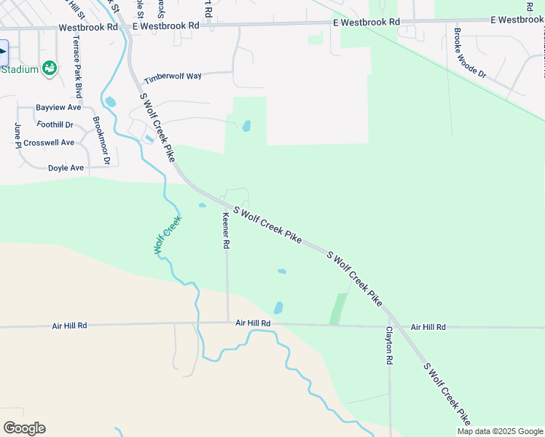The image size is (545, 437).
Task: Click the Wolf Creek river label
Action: click(167, 238)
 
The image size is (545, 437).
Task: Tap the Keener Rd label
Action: click(226, 231)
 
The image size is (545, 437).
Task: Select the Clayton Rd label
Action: click(389, 345)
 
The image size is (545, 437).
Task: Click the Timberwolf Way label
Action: click(172, 78)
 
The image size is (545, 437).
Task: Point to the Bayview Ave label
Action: click(58, 107)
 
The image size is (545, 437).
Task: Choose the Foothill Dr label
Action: click(55, 125)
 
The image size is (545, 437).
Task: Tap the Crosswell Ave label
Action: click(49, 143)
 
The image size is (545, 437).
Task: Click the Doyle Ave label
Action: click(66, 168)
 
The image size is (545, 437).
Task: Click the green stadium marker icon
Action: click(50, 68)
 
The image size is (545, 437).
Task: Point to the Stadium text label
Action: click(19, 69)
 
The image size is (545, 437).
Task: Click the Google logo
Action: click(24, 428)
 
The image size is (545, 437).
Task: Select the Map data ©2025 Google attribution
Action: click(500, 431)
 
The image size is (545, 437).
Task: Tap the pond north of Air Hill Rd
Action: click(278, 307)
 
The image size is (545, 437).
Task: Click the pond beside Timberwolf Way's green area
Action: click(246, 125)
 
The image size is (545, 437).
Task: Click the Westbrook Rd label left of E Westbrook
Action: click(88, 27)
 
